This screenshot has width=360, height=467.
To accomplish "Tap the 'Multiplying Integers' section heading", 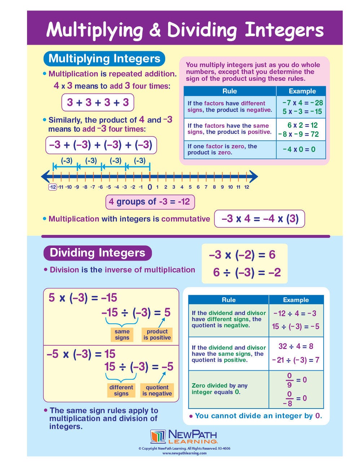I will (x=104, y=58).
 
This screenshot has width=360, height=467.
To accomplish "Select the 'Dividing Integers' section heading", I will (x=97, y=253).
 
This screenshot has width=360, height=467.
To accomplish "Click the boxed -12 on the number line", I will (x=53, y=187).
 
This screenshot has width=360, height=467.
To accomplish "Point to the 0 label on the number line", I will (x=150, y=187).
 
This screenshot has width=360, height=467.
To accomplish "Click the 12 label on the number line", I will (x=246, y=187).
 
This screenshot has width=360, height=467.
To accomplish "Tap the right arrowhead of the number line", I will (x=254, y=176).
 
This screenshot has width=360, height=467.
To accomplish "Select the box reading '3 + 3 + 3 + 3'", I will (x=98, y=102).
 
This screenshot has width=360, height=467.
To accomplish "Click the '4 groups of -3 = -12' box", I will (x=150, y=202).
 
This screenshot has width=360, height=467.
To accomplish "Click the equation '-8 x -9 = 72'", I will (x=299, y=134).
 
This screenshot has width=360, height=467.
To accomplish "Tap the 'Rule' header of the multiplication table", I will (x=229, y=91).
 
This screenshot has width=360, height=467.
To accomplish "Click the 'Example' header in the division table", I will (x=296, y=300).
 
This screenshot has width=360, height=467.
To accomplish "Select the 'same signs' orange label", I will (x=122, y=335).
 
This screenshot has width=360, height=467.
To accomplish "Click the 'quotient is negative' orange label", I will (x=157, y=390).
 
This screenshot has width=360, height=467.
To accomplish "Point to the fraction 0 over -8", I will (x=289, y=398).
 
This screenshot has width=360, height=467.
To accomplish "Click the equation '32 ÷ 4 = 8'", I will (x=296, y=346).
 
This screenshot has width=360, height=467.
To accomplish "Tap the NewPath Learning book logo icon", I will (x=158, y=436).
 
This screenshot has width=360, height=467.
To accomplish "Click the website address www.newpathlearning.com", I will (x=184, y=453).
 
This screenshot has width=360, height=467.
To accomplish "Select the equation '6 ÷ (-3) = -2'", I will (x=247, y=272).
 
